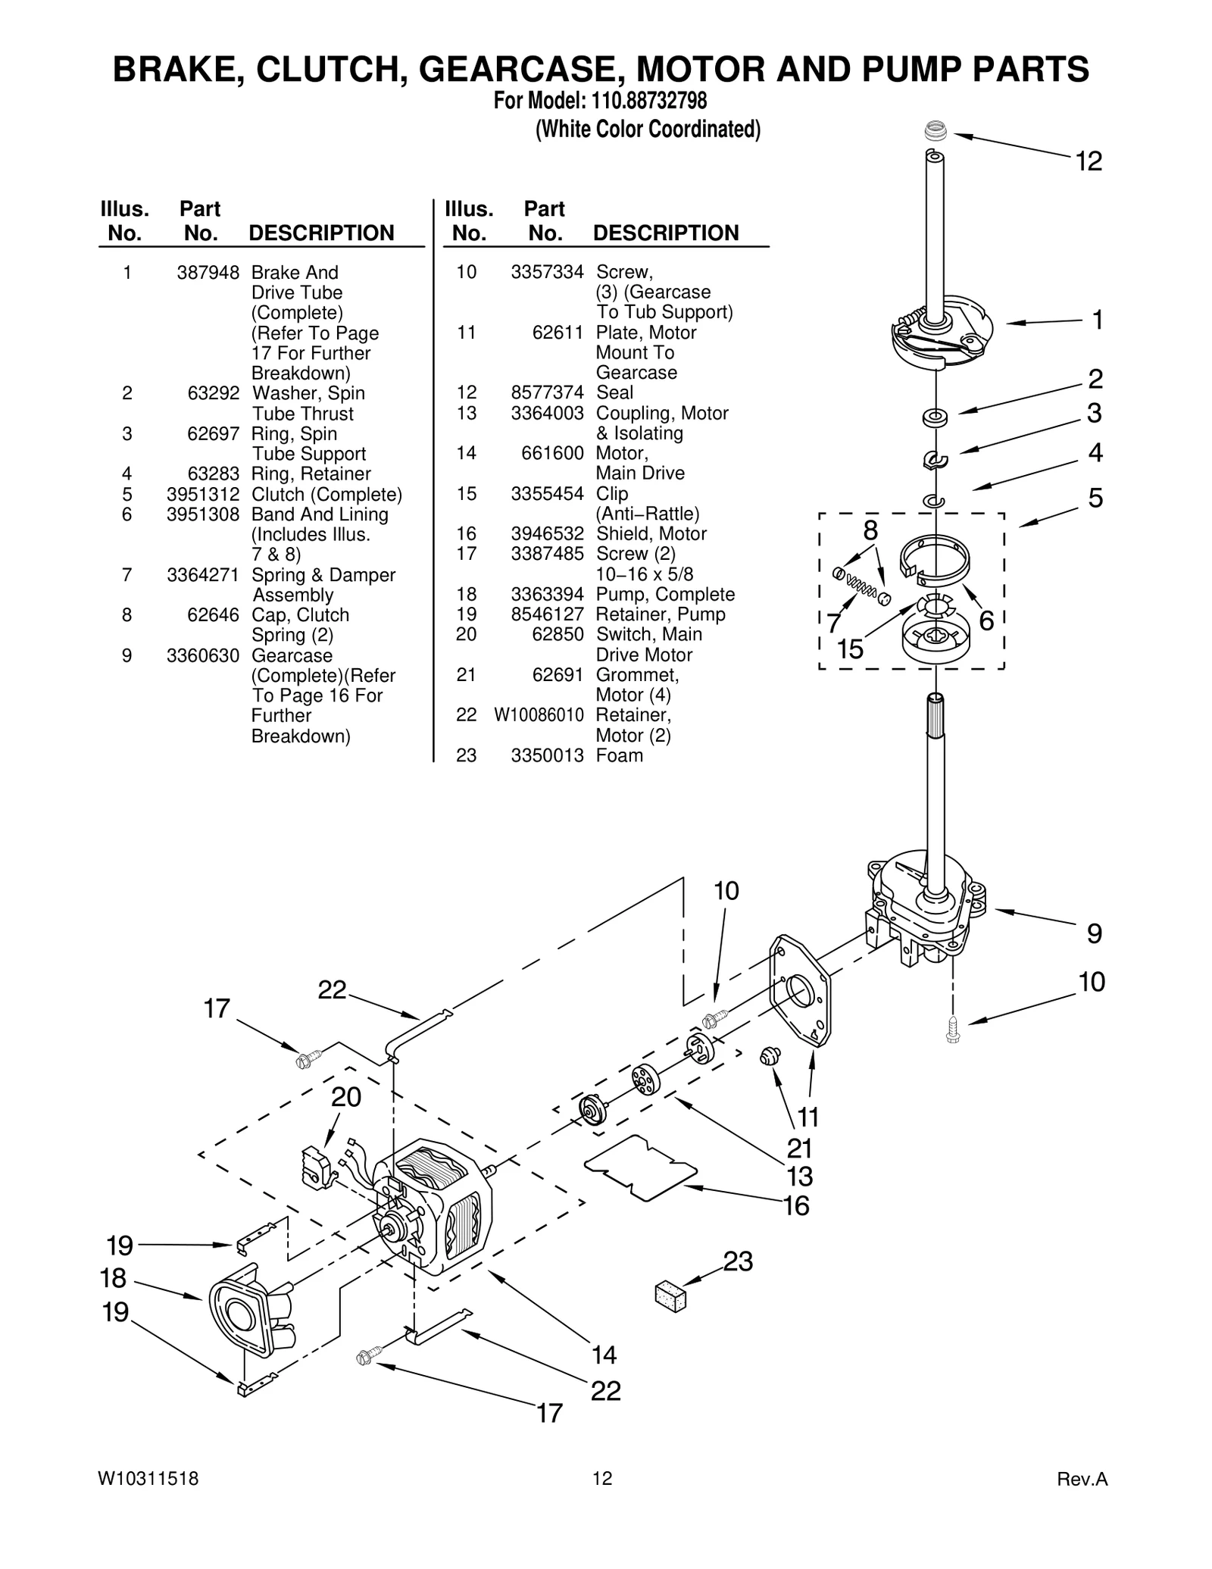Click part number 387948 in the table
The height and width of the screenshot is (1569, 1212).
point(208,273)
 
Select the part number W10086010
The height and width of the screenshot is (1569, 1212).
point(539,715)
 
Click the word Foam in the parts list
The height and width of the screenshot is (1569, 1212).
point(619,755)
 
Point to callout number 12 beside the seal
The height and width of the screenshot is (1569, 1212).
point(1089,161)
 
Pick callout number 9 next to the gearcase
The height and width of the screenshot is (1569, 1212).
point(1094,933)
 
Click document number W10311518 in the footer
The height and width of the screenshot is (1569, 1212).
point(148,1478)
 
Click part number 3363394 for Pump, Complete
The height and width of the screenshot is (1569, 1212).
point(547,595)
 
